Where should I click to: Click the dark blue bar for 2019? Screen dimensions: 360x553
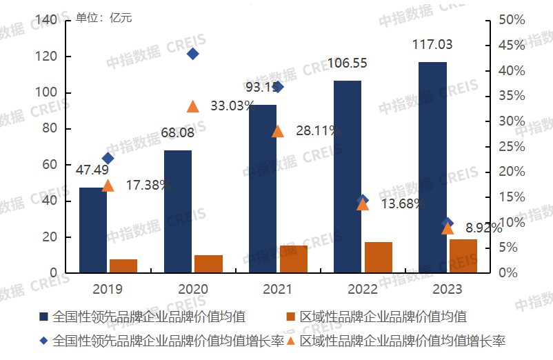click(x=93, y=230)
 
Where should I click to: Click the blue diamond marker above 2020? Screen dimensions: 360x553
click(x=193, y=54)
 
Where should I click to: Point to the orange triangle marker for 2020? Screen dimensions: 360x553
click(x=193, y=106)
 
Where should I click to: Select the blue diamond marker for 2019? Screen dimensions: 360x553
click(x=108, y=159)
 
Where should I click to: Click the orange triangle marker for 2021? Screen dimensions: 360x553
click(x=278, y=131)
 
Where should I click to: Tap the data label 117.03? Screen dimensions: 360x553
click(x=432, y=45)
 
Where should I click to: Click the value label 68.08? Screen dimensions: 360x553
click(x=178, y=132)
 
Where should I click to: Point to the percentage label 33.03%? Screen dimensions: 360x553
click(x=232, y=106)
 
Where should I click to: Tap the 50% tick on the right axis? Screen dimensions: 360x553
click(x=512, y=21)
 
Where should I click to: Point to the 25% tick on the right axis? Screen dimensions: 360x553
click(x=512, y=146)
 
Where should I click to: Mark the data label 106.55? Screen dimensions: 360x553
click(x=347, y=63)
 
